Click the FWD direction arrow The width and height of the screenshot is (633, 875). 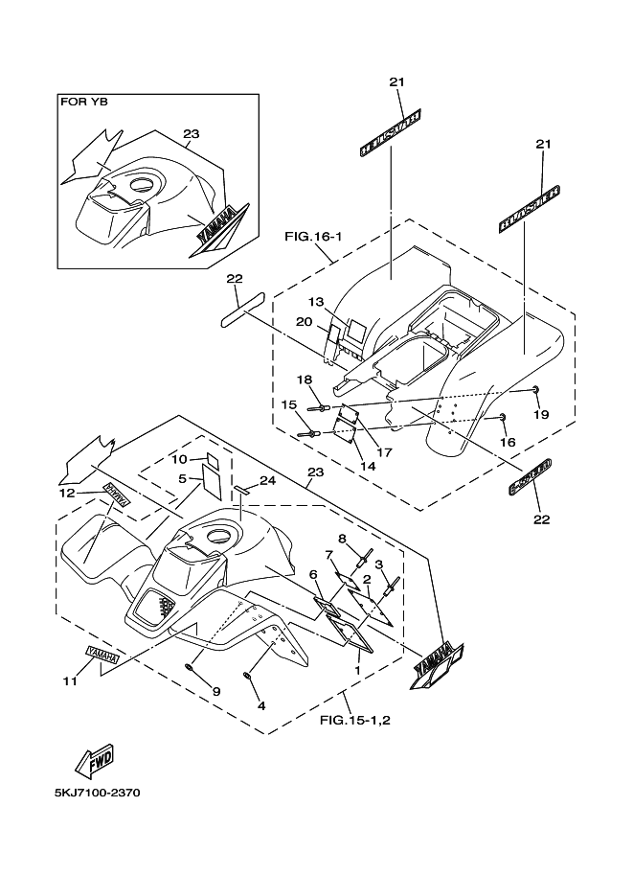[95, 760]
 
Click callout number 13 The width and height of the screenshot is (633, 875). [316, 301]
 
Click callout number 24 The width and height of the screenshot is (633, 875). [267, 481]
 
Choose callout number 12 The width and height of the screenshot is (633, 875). [66, 493]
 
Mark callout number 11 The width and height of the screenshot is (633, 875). [68, 681]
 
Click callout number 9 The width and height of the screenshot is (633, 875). [215, 691]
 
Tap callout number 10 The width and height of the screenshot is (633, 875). [179, 460]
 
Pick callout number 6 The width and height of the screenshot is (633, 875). [313, 574]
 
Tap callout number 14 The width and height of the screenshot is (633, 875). [367, 466]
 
